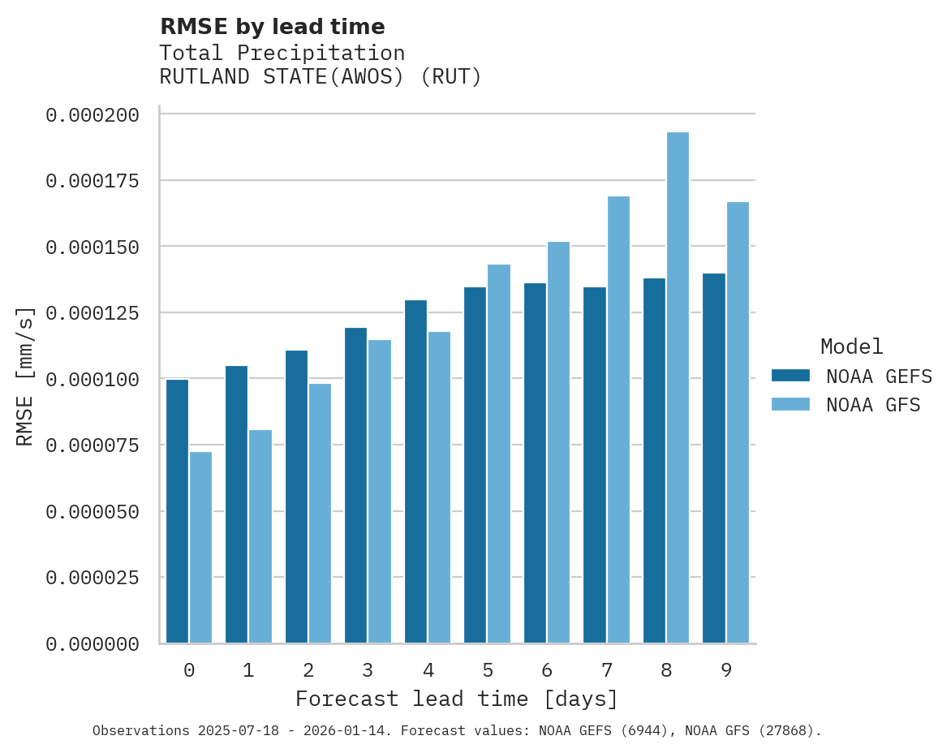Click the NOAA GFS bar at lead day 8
tap(678, 388)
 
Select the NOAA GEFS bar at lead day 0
tap(177, 511)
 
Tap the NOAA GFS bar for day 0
tap(201, 548)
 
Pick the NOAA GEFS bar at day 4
tap(415, 471)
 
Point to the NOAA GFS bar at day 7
tap(618, 420)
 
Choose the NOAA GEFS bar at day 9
tap(714, 458)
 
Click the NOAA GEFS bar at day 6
tap(535, 463)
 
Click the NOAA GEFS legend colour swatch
tap(790, 376)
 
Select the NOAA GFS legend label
tap(873, 405)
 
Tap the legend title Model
tap(851, 347)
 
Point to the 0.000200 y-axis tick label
tap(93, 115)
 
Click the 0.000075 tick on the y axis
tap(93, 445)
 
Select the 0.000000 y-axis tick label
tap(93, 644)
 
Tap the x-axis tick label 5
tap(488, 670)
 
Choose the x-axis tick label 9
tap(726, 670)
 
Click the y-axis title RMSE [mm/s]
tap(25, 376)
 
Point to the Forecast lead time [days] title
tap(457, 699)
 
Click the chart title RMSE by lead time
tap(272, 27)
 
